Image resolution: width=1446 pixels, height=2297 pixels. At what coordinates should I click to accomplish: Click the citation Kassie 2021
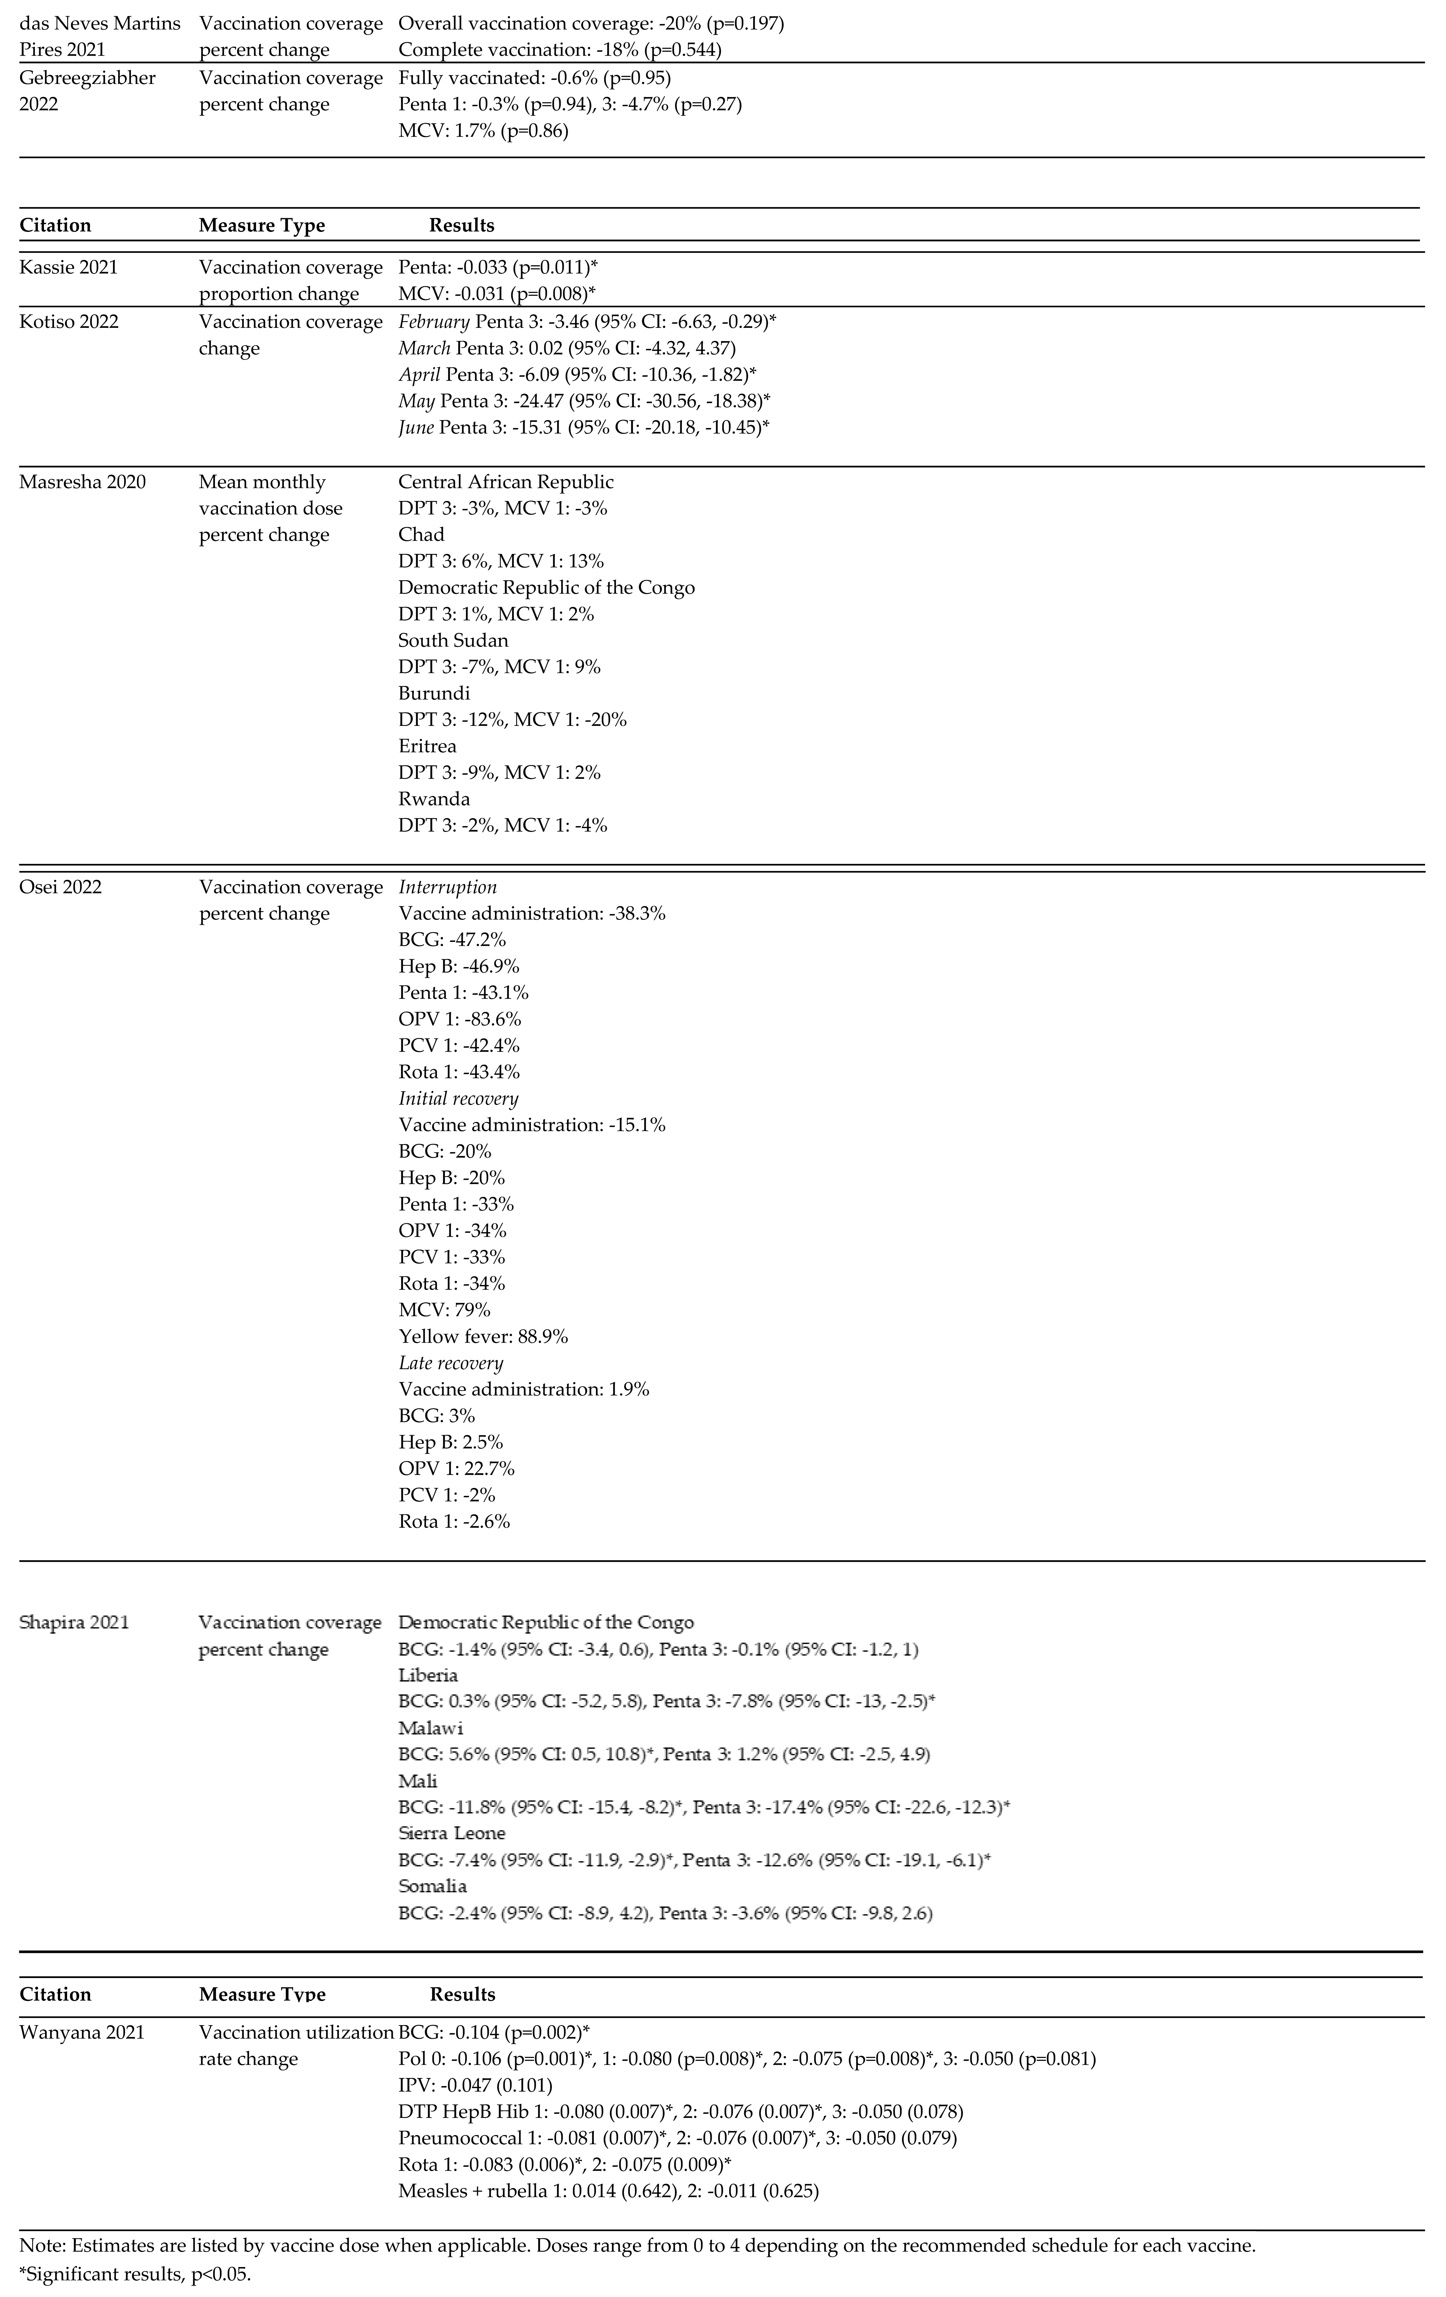pyautogui.click(x=69, y=267)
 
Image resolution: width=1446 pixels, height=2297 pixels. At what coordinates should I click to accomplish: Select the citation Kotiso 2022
pyautogui.click(x=69, y=321)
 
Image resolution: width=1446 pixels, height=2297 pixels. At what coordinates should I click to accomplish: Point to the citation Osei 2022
pyautogui.click(x=60, y=887)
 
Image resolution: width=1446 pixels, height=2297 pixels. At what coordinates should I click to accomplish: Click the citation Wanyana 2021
pyautogui.click(x=82, y=2032)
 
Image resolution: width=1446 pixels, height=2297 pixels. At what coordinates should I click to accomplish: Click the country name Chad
pyautogui.click(x=422, y=534)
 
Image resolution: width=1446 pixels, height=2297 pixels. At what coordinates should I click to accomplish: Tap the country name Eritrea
pyautogui.click(x=427, y=746)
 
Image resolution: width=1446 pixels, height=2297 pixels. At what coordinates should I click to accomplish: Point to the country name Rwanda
pyautogui.click(x=434, y=798)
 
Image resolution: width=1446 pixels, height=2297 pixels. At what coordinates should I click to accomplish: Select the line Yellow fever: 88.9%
pyautogui.click(x=483, y=1336)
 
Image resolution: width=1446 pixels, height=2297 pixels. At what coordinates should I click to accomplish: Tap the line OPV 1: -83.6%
pyautogui.click(x=460, y=1019)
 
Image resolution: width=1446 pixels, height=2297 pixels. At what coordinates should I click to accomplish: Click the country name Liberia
pyautogui.click(x=428, y=1675)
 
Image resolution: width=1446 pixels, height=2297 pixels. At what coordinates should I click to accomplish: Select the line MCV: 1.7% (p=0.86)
pyautogui.click(x=483, y=131)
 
